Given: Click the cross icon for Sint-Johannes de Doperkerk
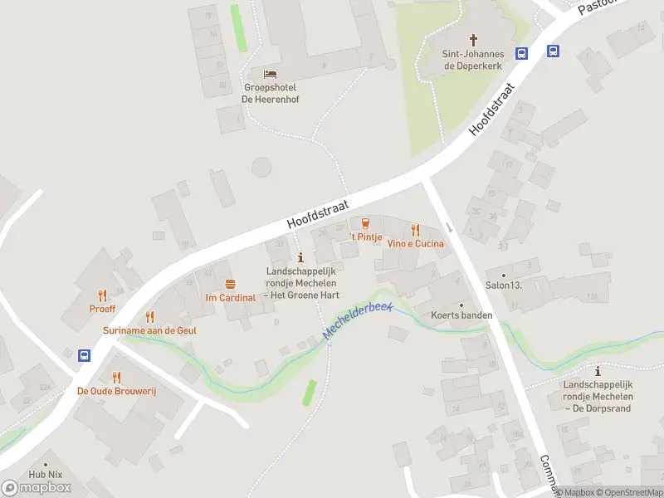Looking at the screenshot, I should [x=474, y=39].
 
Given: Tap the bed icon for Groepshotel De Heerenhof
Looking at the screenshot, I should [x=270, y=75].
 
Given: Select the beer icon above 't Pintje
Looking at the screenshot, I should [x=365, y=222].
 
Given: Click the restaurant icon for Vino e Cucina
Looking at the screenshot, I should [x=416, y=230].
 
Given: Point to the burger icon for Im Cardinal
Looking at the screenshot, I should [x=230, y=284].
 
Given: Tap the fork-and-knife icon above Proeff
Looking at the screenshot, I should [x=103, y=295].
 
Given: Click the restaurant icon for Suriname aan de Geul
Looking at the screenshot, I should [x=149, y=316].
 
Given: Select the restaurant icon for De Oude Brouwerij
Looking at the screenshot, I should [x=116, y=377].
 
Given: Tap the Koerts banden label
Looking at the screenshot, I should [x=461, y=315].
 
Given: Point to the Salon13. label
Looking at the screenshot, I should [x=503, y=286].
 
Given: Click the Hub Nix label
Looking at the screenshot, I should [x=45, y=475].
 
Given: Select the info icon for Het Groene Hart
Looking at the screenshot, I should [x=300, y=258].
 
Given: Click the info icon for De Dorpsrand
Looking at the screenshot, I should [x=598, y=371].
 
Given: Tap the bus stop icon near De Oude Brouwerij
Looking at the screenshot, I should [x=85, y=355].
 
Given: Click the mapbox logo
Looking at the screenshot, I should [x=37, y=488].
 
